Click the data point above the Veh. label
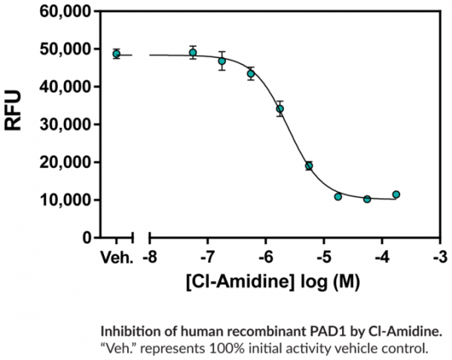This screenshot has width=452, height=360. coord(117,53)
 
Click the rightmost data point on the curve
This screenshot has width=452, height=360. coord(396,194)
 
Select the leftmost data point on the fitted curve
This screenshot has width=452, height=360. coord(193,53)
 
